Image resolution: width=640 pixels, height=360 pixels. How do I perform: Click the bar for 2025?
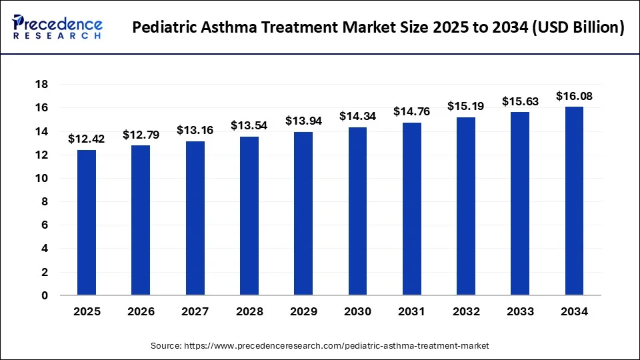click(87, 222)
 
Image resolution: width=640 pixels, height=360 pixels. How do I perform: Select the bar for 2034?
click(574, 201)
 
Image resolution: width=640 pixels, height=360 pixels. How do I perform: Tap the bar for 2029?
click(303, 213)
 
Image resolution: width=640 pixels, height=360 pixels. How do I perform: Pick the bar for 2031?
click(411, 209)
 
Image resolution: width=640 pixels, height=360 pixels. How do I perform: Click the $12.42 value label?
click(87, 139)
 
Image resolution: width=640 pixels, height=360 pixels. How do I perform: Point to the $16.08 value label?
click(574, 96)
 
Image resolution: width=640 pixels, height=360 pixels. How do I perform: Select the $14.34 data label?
click(357, 116)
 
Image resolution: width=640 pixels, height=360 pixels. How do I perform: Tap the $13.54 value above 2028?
click(249, 125)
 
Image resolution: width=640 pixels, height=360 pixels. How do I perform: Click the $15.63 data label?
click(520, 101)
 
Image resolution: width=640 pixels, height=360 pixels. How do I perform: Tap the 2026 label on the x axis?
click(141, 311)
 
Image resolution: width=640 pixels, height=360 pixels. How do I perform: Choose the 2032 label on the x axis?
click(466, 311)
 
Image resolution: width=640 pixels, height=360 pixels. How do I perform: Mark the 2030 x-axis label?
click(357, 311)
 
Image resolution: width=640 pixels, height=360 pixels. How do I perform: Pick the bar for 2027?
click(195, 218)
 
